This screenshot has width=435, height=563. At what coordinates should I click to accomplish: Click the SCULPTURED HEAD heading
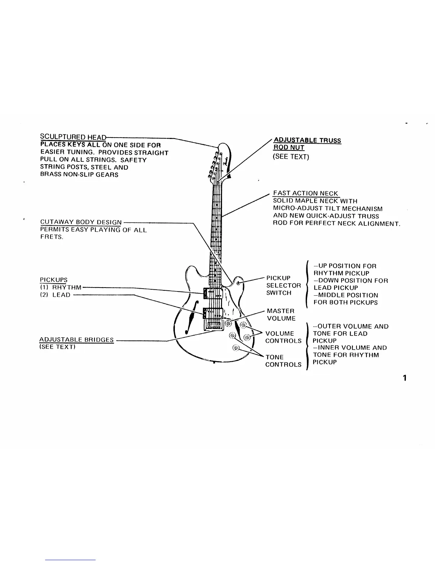pos(73,137)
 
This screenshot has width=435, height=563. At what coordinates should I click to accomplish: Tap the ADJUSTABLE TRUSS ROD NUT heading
pos(307,144)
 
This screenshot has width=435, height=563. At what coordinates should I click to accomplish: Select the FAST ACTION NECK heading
pos(306,193)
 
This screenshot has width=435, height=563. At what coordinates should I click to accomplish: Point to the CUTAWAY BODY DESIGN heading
pos(81,222)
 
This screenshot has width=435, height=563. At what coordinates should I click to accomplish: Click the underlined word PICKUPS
pos(54,280)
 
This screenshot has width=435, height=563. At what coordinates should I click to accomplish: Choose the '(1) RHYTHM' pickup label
pos(61,287)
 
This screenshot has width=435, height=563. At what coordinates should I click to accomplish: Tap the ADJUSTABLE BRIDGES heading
pos(76,340)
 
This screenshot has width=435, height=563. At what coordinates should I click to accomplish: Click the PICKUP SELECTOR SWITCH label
pos(283,285)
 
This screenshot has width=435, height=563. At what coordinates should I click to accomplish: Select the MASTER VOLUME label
pos(281,315)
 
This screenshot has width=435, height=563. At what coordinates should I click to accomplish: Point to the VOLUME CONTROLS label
pos(283,337)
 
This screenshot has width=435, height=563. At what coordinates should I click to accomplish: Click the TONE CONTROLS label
pos(283,361)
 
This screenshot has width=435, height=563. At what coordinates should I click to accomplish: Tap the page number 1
pos(404,378)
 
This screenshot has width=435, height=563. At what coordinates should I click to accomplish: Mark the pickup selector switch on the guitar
pos(238,283)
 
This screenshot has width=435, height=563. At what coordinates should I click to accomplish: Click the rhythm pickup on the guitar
pos(213,293)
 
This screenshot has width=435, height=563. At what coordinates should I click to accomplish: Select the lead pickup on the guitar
pos(212,313)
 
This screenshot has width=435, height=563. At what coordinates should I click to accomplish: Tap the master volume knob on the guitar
pos(228,323)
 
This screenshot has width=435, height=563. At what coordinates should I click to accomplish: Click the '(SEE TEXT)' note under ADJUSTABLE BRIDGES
pos(57,347)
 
